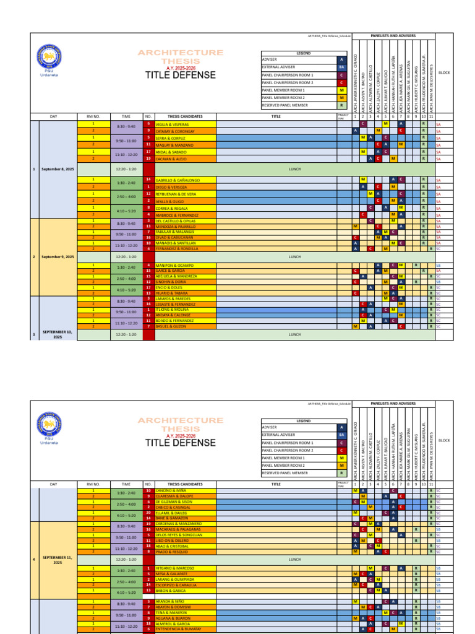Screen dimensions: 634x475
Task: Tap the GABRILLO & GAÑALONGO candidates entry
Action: point(178,180)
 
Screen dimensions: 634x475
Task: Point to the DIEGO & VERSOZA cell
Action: point(171,187)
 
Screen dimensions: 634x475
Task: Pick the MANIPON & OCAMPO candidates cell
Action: point(174,265)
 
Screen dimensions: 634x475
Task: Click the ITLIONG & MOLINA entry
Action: point(172,310)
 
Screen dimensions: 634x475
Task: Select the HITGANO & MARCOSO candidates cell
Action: point(175,568)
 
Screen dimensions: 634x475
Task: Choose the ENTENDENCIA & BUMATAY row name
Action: point(180,629)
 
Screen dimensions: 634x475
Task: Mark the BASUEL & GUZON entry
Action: point(171,326)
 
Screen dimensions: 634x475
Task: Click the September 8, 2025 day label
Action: point(58,168)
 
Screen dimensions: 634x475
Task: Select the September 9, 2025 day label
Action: point(58,256)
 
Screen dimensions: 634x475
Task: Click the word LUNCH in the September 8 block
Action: point(294,168)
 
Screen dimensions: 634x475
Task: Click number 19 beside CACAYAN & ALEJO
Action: point(148,159)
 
